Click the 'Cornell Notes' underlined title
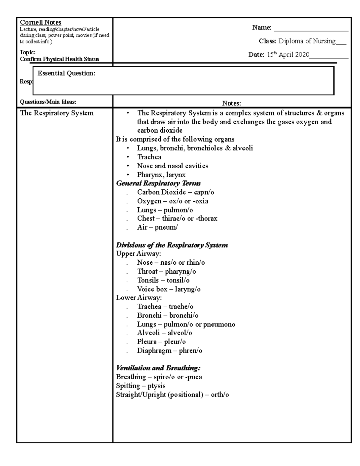coord(40,23)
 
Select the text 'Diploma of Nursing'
coord(307,41)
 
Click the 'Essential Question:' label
coord(66,73)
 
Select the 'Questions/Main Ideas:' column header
coord(48,102)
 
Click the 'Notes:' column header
coord(231,104)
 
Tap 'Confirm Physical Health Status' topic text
coord(59,59)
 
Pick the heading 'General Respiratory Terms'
coord(158,183)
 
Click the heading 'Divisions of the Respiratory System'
coord(172,245)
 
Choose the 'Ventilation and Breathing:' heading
coord(158,368)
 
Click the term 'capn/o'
coord(204,192)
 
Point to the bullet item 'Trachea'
coord(149,157)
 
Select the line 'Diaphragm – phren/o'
coord(169,350)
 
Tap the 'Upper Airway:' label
coord(138,254)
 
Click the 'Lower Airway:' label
coord(139,298)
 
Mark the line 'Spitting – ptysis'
coord(140,386)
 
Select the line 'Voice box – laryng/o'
coord(169,289)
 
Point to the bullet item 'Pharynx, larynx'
coord(161,175)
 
